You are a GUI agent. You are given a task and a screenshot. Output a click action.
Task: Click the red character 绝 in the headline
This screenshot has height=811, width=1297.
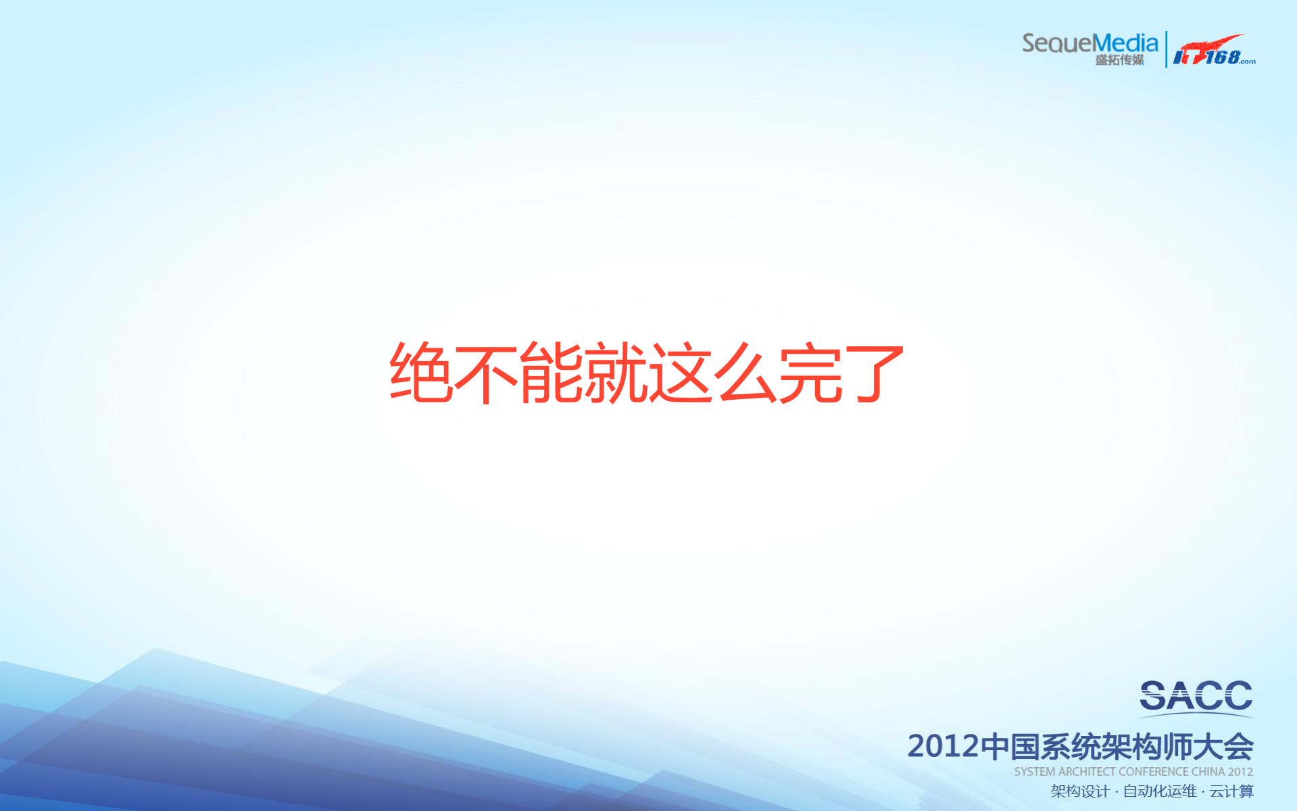click(420, 373)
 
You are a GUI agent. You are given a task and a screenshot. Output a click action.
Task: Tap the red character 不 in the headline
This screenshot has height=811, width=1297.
click(486, 373)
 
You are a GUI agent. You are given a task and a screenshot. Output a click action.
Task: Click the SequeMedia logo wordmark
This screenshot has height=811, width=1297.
click(1090, 43)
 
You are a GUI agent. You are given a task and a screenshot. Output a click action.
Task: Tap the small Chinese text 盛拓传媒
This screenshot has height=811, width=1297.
click(1119, 60)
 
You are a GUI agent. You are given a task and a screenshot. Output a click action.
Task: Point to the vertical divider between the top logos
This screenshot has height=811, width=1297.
click(1166, 49)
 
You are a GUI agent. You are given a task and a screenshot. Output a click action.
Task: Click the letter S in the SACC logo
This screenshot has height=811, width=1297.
click(1154, 696)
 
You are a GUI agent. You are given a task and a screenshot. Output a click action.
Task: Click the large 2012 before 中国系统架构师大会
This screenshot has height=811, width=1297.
click(943, 747)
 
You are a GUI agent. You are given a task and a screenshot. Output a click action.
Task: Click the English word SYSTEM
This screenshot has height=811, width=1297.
click(1034, 772)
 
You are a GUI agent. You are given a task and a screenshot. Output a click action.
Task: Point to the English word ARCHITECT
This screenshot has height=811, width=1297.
click(1087, 772)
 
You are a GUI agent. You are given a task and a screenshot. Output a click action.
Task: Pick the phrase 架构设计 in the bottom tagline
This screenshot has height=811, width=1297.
click(1080, 791)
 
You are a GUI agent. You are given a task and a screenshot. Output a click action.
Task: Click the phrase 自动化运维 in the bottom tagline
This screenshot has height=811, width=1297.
click(1160, 791)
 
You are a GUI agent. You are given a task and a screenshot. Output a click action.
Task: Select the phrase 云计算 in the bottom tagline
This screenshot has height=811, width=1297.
click(1231, 791)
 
